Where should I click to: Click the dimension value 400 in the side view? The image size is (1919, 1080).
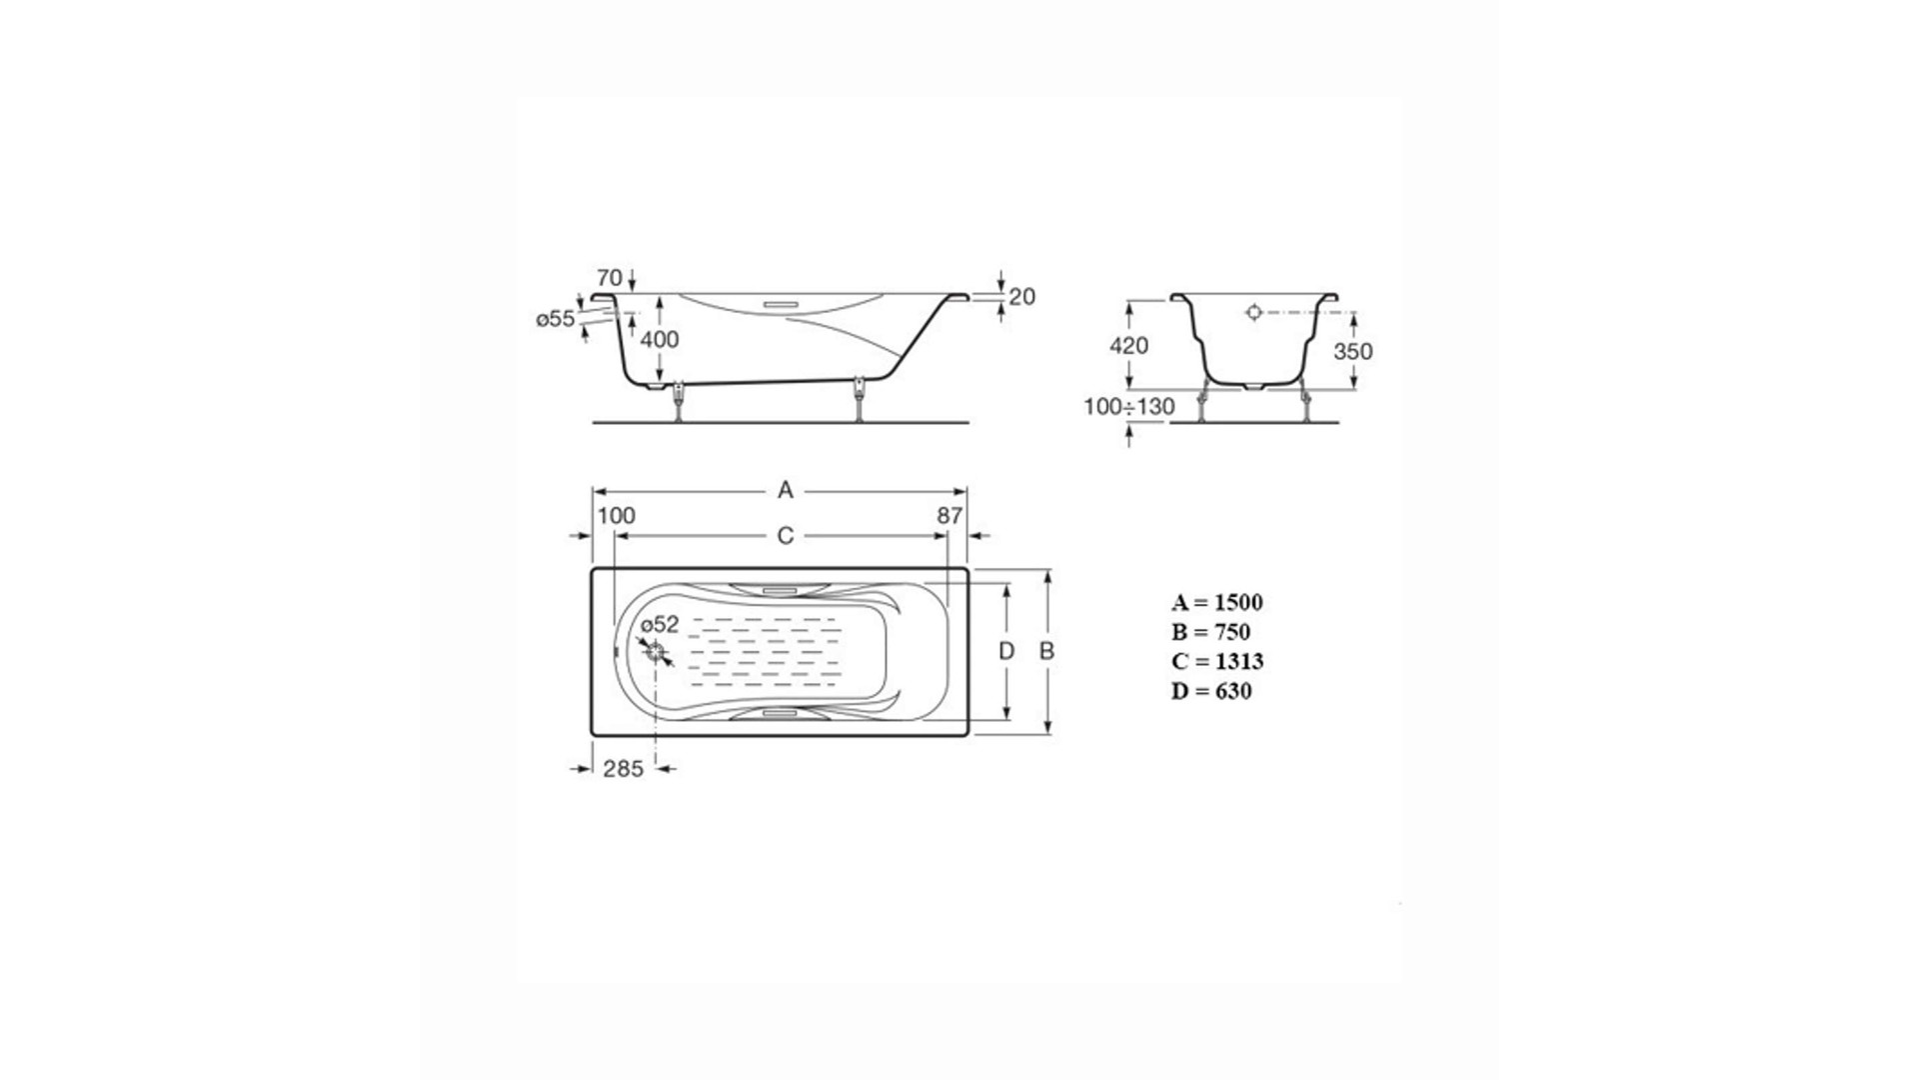pos(660,340)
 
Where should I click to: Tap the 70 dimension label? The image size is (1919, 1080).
pos(609,278)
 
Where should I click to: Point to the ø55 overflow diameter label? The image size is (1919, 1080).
pos(556,319)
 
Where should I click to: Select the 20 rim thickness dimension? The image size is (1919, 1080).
pos(1022,297)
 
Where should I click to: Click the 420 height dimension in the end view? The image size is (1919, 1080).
pos(1129,346)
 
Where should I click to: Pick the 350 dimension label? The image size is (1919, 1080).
pos(1353,352)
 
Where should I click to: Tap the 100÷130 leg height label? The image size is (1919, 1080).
pos(1129,407)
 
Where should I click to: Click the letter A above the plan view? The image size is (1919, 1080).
pos(786,490)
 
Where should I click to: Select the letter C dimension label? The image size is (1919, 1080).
pos(786,537)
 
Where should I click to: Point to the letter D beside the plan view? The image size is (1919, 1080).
pos(1006,651)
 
